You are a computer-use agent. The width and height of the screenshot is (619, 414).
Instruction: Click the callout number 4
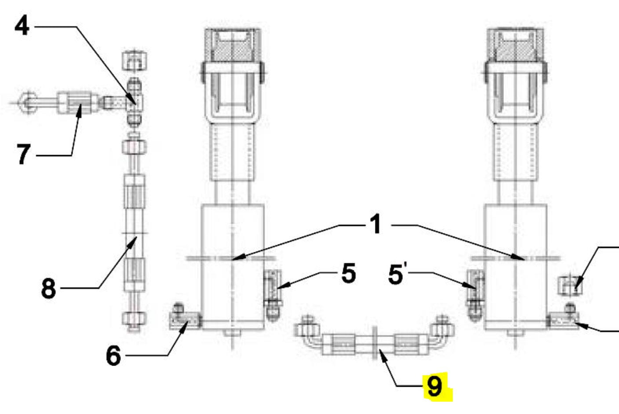point(22,26)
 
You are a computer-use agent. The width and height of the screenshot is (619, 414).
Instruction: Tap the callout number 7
point(23,154)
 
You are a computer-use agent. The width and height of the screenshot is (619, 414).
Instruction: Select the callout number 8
point(49,289)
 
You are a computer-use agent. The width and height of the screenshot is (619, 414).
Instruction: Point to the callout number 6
point(113,356)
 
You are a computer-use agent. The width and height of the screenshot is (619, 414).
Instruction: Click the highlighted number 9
point(434,386)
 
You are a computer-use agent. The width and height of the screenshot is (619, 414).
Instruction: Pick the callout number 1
point(375,224)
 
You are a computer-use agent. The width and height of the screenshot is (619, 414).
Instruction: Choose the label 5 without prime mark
point(349,274)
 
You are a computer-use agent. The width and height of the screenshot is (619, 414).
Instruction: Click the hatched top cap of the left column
point(233,44)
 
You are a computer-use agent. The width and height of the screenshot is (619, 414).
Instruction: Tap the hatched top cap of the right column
point(515,44)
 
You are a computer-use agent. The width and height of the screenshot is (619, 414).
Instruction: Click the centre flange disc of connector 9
point(375,343)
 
